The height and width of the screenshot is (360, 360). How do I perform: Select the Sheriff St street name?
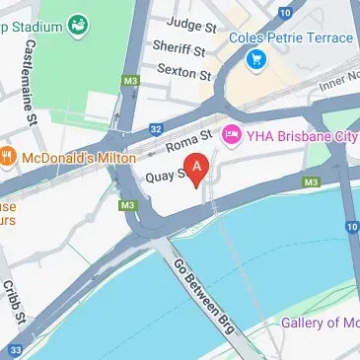pyautogui.click(x=180, y=48)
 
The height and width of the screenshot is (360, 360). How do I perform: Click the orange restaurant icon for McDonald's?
pyautogui.click(x=7, y=155)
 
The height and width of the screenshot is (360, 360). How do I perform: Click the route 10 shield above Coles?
pyautogui.click(x=285, y=11)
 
